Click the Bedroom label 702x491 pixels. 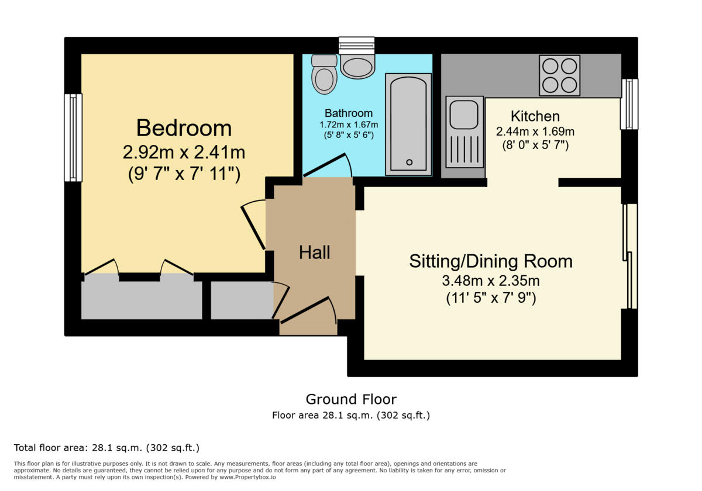[x=184, y=128]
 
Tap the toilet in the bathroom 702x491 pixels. [x=325, y=74]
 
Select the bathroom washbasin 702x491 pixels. [x=357, y=67]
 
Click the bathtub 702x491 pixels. [x=408, y=124]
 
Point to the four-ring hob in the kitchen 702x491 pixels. [x=560, y=75]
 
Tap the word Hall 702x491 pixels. [x=315, y=253]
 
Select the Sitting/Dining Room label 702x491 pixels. [x=490, y=261]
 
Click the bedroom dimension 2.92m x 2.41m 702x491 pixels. [x=184, y=153]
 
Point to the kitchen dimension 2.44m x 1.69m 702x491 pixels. [x=535, y=132]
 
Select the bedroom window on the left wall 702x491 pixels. [x=73, y=137]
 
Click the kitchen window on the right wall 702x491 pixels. [x=629, y=104]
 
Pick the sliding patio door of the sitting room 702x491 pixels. [x=629, y=256]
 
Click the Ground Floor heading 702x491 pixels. [x=351, y=399]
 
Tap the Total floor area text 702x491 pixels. [x=106, y=448]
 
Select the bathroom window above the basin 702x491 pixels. [x=356, y=46]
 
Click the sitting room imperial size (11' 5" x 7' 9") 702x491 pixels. [x=490, y=298]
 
